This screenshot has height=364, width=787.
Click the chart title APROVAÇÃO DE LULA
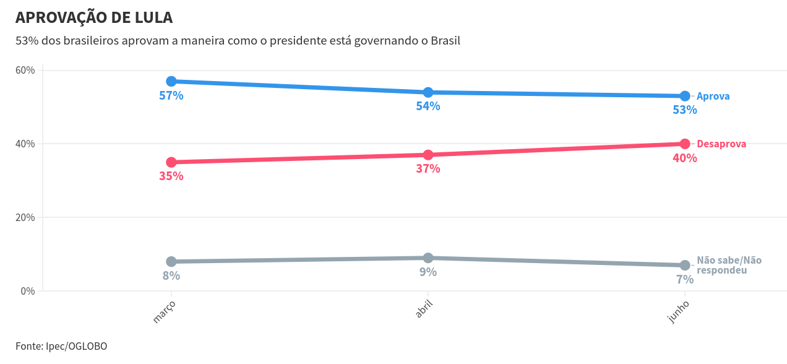[x=94, y=18]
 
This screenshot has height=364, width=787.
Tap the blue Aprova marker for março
[x=171, y=81]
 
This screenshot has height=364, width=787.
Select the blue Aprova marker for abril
[x=428, y=92]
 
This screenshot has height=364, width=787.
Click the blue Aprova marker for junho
[x=685, y=96]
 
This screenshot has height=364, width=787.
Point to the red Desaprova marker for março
[x=171, y=162]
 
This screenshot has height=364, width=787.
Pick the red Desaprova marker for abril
[x=428, y=155]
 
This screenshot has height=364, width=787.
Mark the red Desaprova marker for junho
[x=685, y=144]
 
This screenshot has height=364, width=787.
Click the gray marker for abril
[x=428, y=258]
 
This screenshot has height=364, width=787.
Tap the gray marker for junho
[x=685, y=265]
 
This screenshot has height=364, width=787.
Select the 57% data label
[x=171, y=96]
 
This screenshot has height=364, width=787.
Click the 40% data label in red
[x=685, y=158]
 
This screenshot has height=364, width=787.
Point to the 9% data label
[x=428, y=272]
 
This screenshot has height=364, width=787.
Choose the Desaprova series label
[x=721, y=144]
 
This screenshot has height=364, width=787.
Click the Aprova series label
[x=713, y=97]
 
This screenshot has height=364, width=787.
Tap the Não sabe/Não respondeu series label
[x=729, y=266]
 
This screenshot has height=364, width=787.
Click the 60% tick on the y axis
[x=25, y=70]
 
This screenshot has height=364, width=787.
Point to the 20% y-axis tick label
[x=25, y=217]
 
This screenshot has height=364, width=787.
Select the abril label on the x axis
[x=424, y=309]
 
